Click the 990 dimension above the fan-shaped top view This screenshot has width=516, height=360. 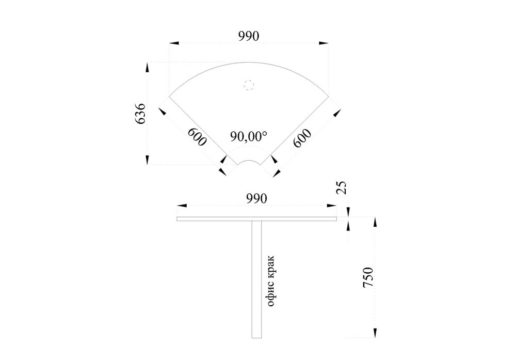tap(249, 36)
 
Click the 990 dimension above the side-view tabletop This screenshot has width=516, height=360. tap(256, 198)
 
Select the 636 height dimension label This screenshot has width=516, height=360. tap(140, 113)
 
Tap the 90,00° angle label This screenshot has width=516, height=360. tap(249, 136)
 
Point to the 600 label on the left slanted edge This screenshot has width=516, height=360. tap(197, 137)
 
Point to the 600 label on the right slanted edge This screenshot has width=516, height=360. tap(302, 138)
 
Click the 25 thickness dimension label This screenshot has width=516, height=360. tap(342, 187)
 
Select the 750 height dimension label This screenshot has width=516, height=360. tap(368, 277)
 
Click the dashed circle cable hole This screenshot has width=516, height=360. tap(249, 85)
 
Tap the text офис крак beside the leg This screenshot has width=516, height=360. tap(270, 280)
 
